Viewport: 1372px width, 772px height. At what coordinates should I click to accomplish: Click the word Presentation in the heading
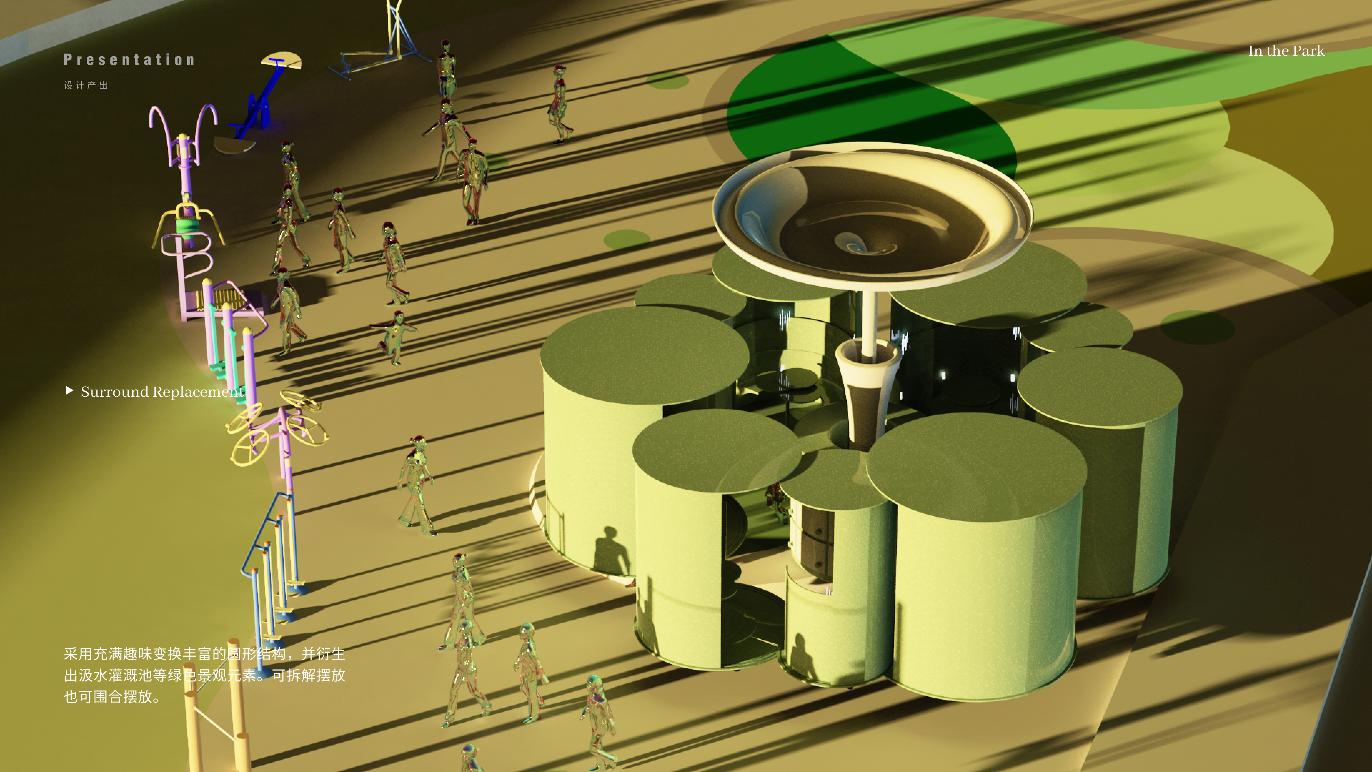pos(129,60)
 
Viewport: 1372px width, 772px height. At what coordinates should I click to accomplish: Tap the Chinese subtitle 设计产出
pos(86,85)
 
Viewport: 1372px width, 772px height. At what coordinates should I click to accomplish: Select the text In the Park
pos(1286,51)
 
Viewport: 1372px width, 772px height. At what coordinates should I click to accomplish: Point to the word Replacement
pos(198,392)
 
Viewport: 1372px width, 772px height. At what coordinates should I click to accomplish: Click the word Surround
pos(114,392)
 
